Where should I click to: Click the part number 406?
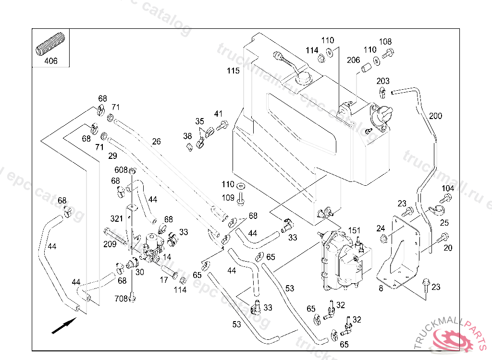point(50,61)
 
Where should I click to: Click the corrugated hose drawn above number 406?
point(50,44)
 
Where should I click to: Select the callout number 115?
point(233,71)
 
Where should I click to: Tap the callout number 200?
point(435,116)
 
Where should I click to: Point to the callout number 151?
point(354,230)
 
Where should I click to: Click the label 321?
point(116,219)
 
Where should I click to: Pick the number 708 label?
point(121,299)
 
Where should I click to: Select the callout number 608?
point(121,170)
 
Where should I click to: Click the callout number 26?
point(157,142)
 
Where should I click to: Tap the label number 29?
point(112,156)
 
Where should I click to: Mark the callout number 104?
point(447,188)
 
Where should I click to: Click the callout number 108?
point(385,42)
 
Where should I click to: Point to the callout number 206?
point(353,60)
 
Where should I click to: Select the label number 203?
point(383,81)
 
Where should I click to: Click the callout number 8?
point(381,288)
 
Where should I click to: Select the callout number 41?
point(219,114)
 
